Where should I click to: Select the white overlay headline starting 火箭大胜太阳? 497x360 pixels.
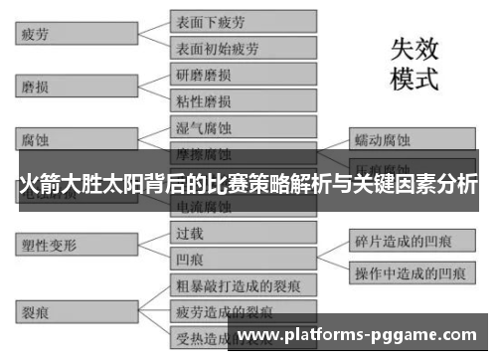248,185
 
